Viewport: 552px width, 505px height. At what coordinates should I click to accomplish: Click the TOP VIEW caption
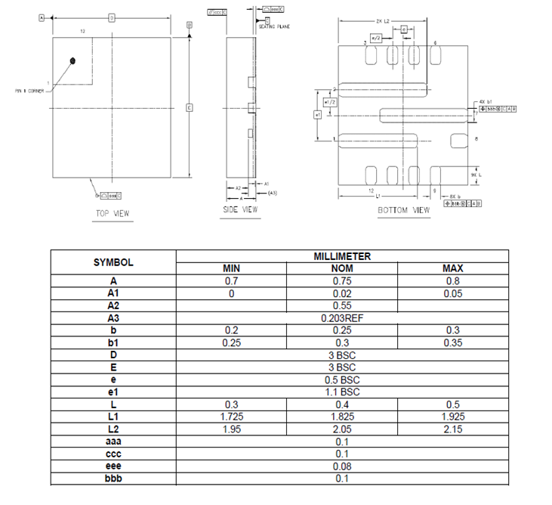112,213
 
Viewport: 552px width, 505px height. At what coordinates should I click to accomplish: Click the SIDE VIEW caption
240,209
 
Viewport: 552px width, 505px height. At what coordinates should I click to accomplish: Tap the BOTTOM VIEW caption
404,209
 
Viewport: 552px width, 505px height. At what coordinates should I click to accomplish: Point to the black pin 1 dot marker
72,60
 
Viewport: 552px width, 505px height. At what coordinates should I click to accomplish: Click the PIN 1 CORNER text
29,89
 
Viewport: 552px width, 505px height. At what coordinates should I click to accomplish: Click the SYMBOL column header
113,262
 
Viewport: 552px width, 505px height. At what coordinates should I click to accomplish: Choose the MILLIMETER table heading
342,256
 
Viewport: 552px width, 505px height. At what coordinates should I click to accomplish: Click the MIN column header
231,268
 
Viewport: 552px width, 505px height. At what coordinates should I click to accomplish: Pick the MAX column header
453,268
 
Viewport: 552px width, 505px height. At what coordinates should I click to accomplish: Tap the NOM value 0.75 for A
342,280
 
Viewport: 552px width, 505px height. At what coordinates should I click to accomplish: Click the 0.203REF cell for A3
342,318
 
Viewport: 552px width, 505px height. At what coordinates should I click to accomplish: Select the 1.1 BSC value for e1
342,392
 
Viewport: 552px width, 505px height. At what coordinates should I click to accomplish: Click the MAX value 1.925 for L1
453,417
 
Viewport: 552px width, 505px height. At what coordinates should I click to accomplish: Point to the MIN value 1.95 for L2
231,429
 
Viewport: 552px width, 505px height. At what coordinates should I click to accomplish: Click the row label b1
113,342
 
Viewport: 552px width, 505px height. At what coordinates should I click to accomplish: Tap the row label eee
113,466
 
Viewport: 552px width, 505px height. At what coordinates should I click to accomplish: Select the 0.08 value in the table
342,466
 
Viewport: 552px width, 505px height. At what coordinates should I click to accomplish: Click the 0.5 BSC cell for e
342,380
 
